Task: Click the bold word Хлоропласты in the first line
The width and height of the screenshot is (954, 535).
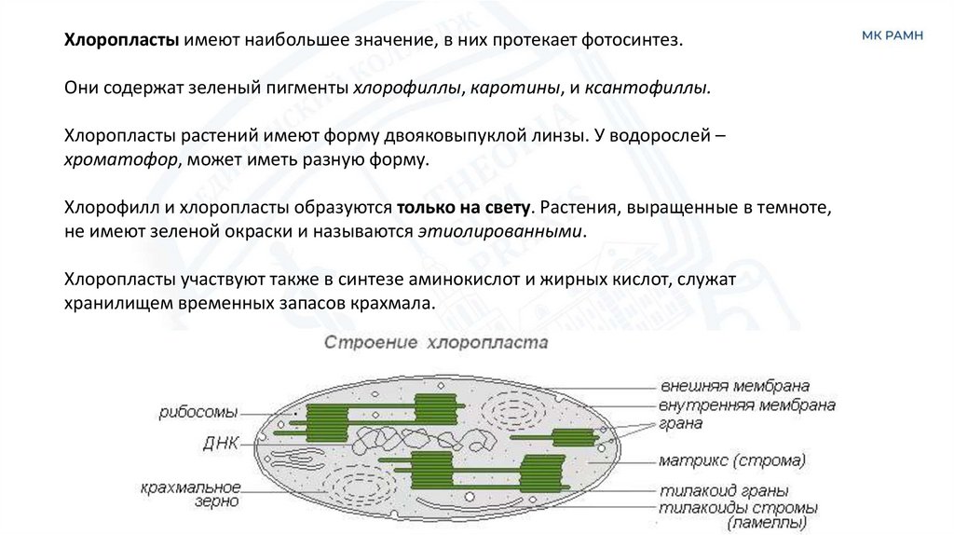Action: [120, 41]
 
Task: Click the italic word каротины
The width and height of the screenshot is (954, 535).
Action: [515, 89]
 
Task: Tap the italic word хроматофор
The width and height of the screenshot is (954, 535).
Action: [119, 159]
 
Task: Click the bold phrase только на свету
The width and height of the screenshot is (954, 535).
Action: [464, 206]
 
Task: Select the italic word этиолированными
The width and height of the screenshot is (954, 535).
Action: [504, 230]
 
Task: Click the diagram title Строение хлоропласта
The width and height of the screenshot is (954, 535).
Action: [436, 342]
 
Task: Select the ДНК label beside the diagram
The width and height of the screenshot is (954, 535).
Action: [222, 443]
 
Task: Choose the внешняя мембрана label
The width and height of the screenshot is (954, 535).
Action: [734, 386]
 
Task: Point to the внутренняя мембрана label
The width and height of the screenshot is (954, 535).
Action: [746, 405]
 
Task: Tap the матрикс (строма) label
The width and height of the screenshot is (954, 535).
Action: [731, 460]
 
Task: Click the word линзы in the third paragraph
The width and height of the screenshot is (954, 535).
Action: [557, 135]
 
